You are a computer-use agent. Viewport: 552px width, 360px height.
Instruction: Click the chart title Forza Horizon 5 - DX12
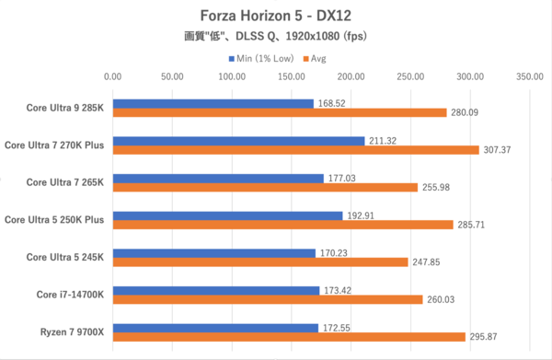point(276,17)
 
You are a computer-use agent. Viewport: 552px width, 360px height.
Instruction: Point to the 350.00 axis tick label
point(529,78)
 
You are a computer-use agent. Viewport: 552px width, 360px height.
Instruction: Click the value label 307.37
point(498,150)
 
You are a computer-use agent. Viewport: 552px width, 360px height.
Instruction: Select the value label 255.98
point(437,188)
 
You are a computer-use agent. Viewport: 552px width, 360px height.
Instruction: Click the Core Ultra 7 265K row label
point(64,182)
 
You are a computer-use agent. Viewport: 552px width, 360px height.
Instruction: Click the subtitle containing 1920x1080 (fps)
point(276,38)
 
